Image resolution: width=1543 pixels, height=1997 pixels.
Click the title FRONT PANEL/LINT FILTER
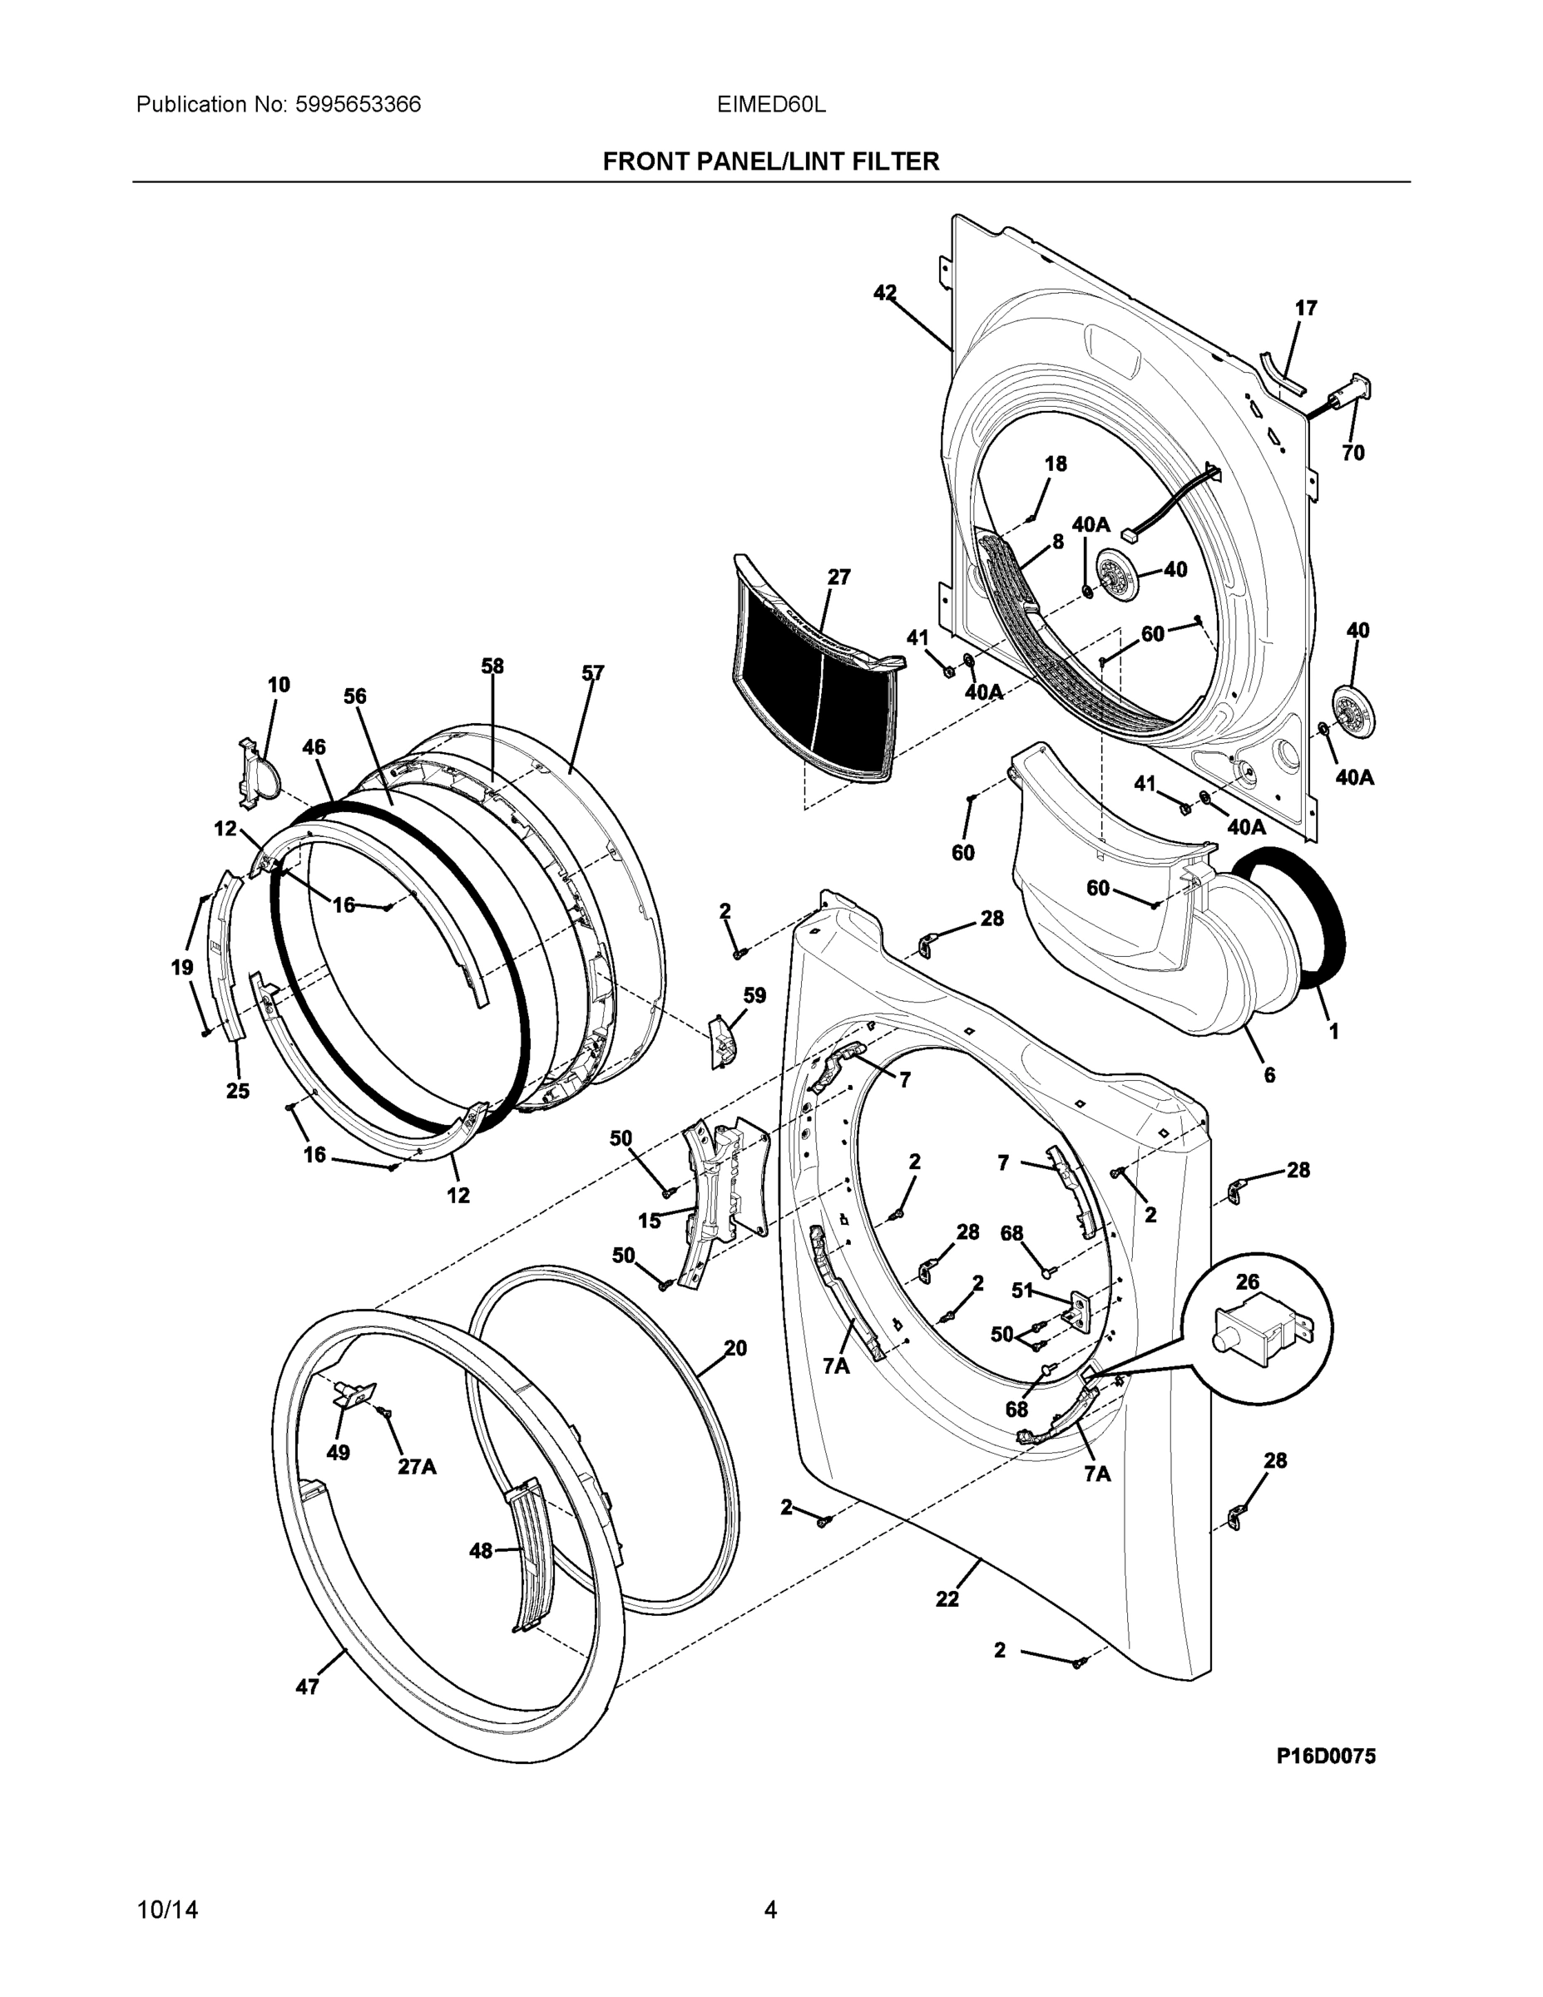click(x=770, y=162)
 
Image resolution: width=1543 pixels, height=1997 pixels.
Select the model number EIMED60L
click(x=770, y=104)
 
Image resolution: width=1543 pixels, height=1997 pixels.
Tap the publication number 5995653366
click(x=358, y=104)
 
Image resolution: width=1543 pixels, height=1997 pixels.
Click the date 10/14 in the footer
click(x=167, y=1910)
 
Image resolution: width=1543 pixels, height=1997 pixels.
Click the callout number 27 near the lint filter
click(x=838, y=577)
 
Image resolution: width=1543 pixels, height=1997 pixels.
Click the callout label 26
click(x=1247, y=1282)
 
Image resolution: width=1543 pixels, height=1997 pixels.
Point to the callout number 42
click(x=884, y=293)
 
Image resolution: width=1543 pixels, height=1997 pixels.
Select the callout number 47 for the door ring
click(x=307, y=1687)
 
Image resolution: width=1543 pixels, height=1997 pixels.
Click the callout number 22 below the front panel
click(x=947, y=1598)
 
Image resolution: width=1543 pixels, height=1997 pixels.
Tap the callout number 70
click(x=1353, y=453)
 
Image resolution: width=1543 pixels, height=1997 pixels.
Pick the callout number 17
click(x=1306, y=308)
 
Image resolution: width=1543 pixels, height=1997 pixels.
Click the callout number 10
click(x=278, y=684)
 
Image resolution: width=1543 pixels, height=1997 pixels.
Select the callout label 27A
click(x=417, y=1467)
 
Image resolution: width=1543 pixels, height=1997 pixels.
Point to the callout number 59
click(x=754, y=995)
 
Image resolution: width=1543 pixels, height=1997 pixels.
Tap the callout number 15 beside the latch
click(x=649, y=1221)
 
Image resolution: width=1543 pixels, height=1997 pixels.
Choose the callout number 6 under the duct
click(x=1269, y=1075)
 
